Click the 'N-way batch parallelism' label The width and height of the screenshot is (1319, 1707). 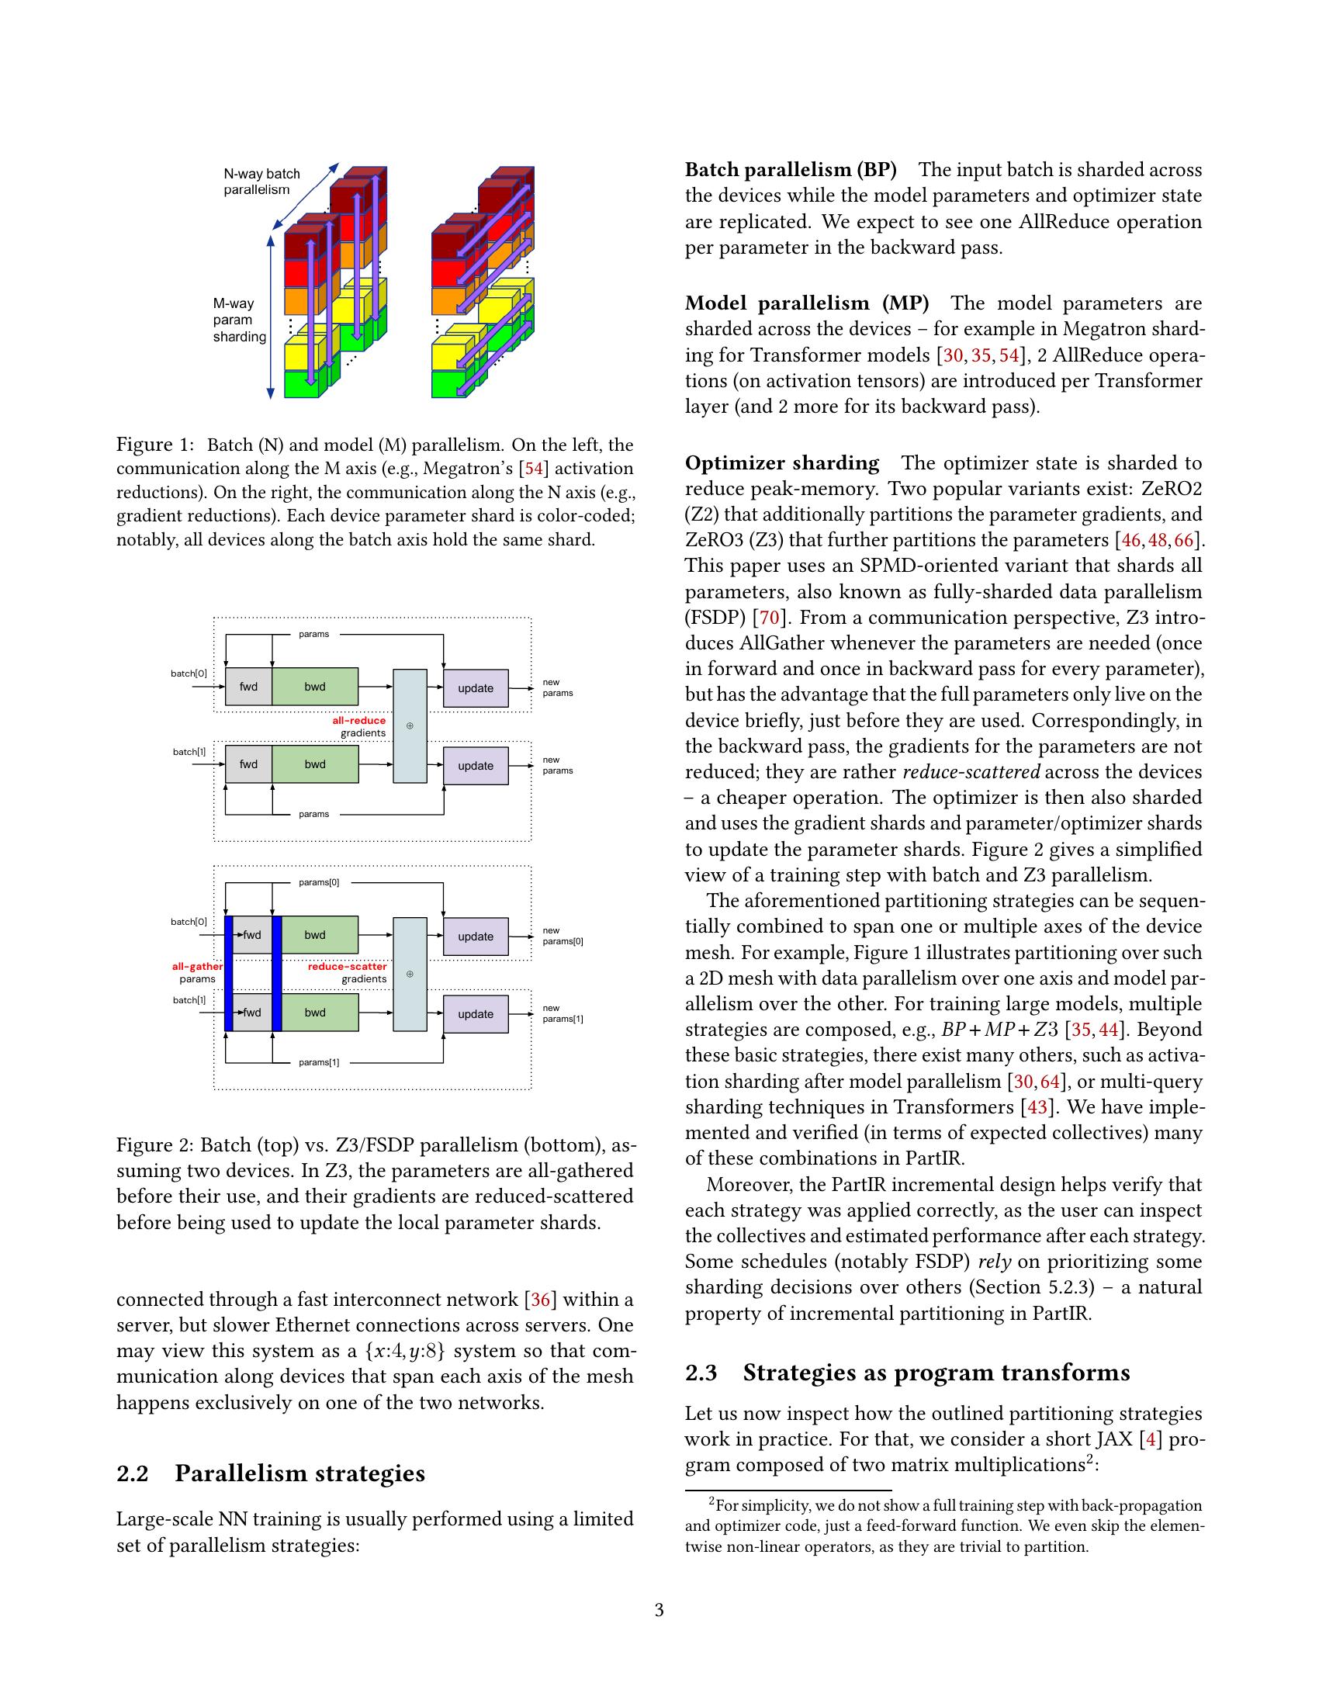coord(261,182)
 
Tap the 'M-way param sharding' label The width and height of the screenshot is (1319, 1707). coord(239,320)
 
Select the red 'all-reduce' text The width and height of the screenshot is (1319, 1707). coord(358,721)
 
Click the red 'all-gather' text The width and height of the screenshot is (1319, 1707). coord(197,967)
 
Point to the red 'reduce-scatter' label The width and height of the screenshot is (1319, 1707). coord(347,967)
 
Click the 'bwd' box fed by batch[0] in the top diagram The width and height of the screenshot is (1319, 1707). coord(315,687)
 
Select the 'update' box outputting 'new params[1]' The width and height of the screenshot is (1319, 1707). coord(475,1014)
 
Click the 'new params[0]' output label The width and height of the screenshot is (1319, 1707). coord(563,936)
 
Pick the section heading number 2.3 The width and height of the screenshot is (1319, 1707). coord(701,1373)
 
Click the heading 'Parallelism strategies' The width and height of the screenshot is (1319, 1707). coord(299,1473)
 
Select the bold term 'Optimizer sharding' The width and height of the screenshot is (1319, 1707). coord(781,462)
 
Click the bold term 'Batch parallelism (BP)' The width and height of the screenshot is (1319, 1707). coord(790,170)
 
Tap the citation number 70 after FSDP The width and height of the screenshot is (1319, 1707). coord(769,618)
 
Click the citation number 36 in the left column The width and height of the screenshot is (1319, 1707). coord(540,1300)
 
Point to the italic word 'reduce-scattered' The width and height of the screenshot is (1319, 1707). coord(971,772)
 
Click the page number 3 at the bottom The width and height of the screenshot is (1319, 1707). coord(659,1610)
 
